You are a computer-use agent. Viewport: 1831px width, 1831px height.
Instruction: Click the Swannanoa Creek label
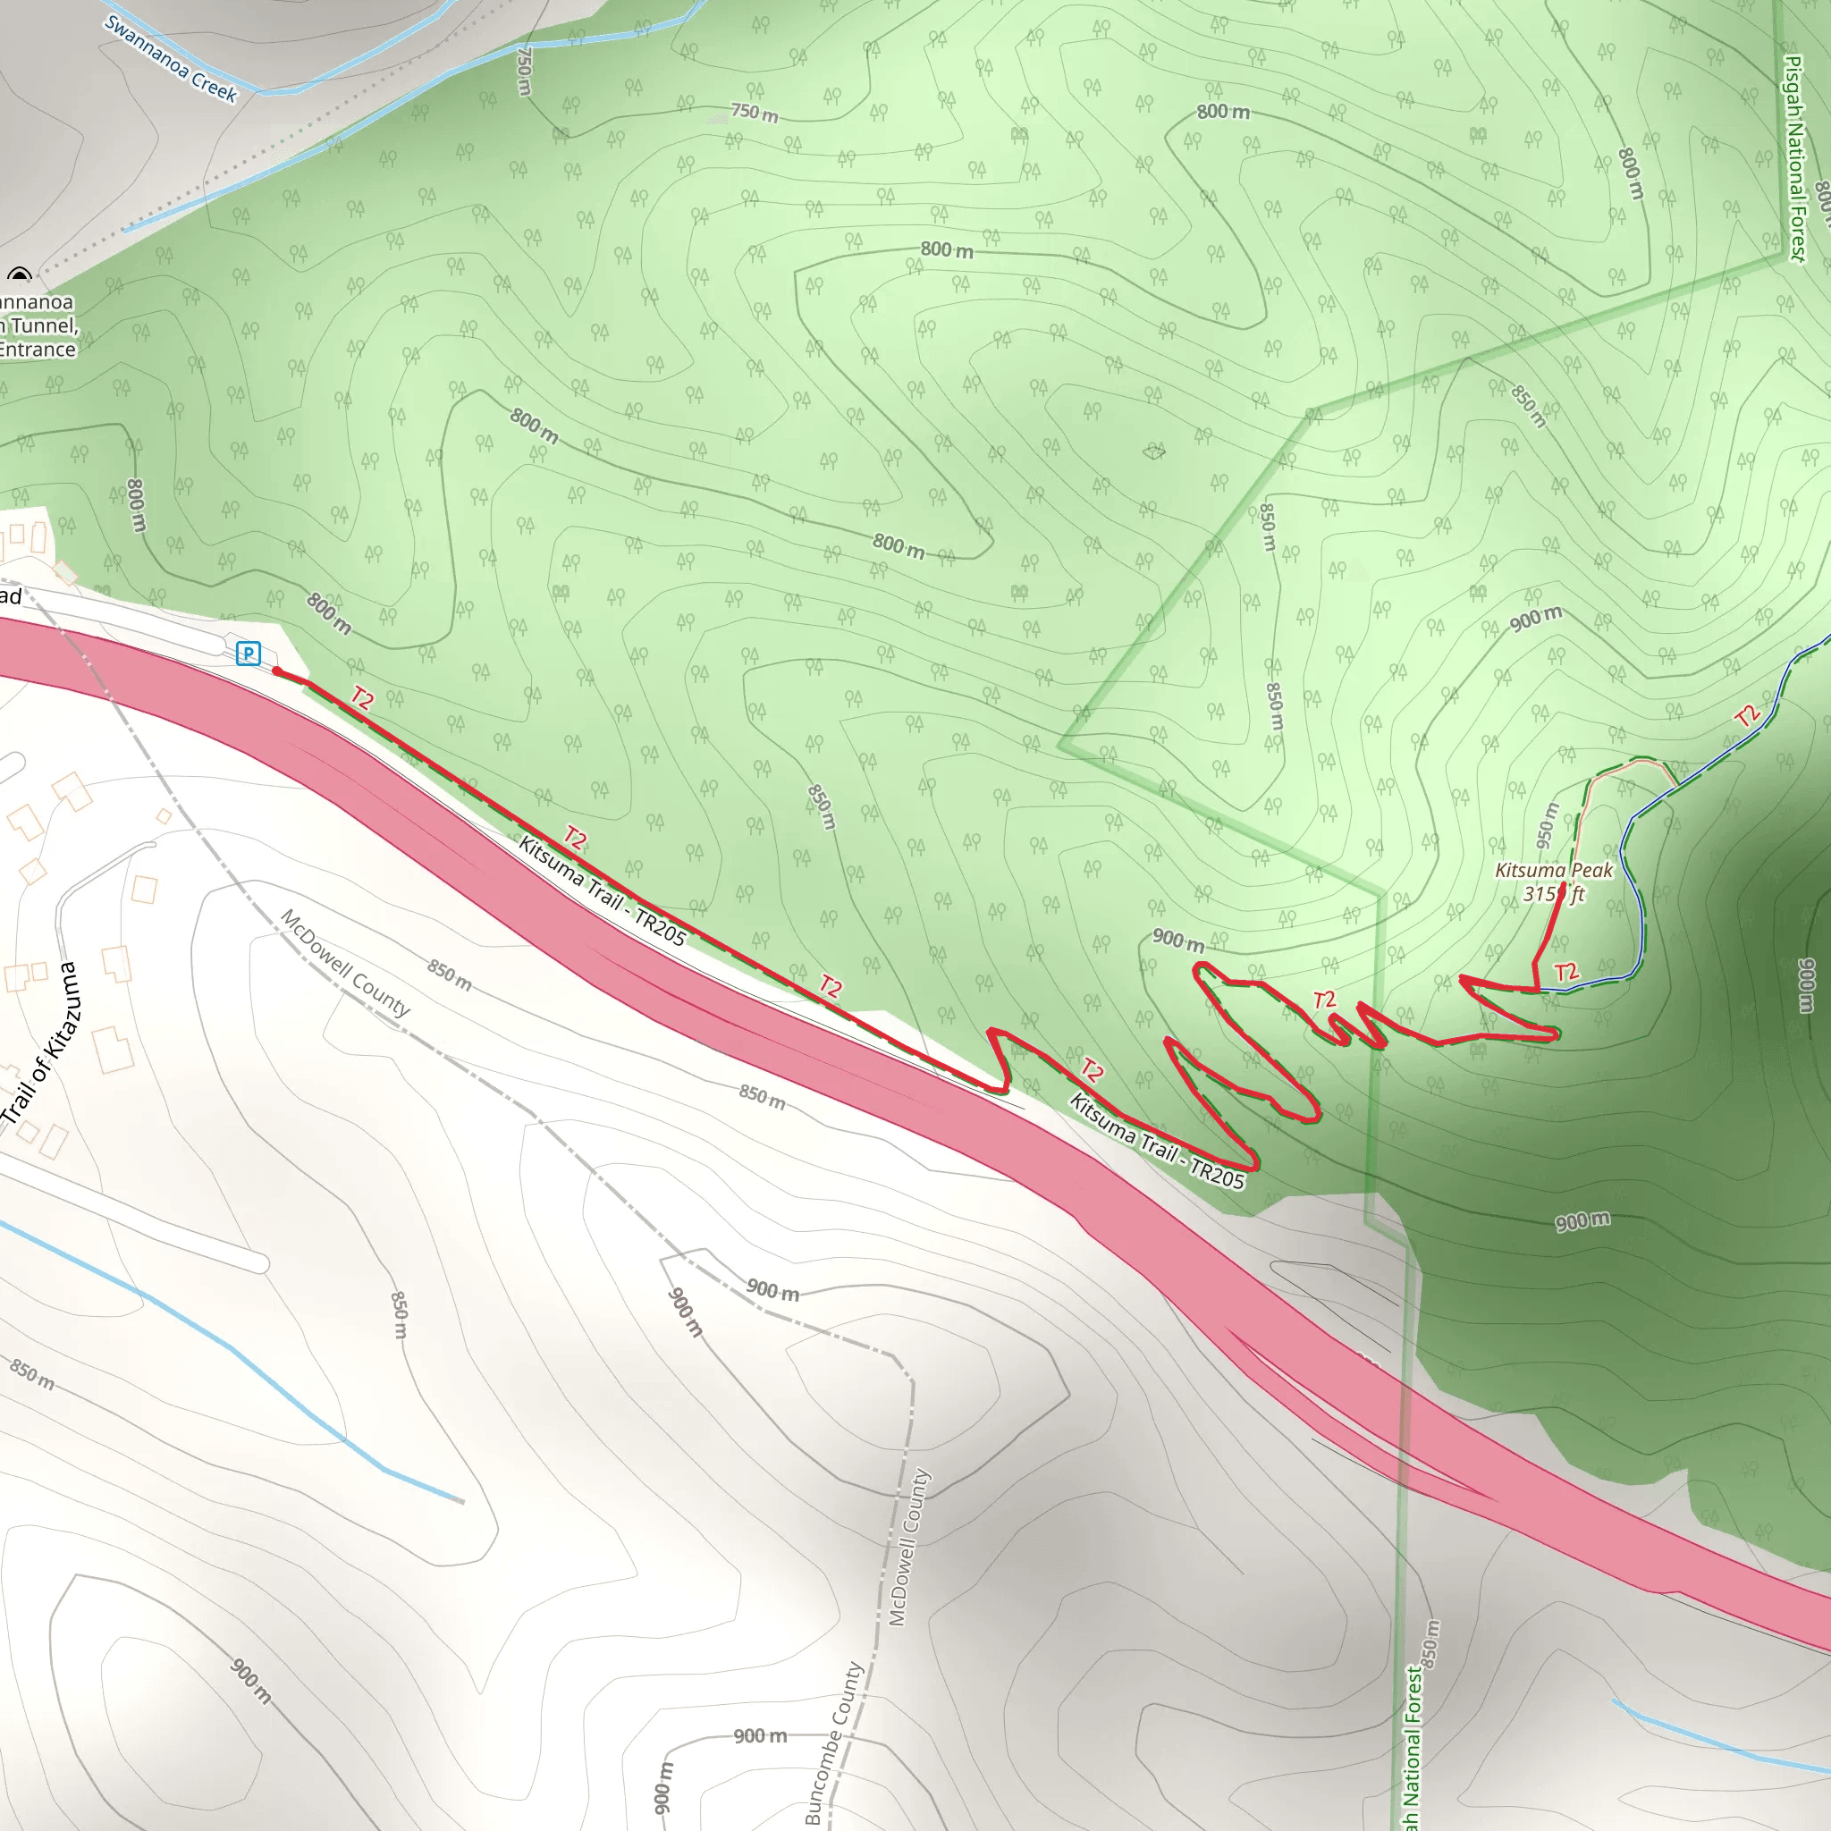[x=171, y=59]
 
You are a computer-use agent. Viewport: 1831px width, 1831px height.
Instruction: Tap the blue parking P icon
[x=249, y=653]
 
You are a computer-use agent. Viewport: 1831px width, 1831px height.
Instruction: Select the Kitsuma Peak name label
[x=1553, y=870]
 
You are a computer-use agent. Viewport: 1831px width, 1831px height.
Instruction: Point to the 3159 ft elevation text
[x=1553, y=894]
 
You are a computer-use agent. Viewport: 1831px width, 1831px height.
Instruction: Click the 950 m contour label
[x=1546, y=825]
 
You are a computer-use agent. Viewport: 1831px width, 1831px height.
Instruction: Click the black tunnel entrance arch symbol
[x=19, y=275]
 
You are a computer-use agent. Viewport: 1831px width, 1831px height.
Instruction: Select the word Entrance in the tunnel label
[x=38, y=350]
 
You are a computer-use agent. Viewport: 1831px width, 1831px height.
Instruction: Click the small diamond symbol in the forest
[x=1153, y=451]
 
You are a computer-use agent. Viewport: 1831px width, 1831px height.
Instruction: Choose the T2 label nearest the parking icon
[x=362, y=698]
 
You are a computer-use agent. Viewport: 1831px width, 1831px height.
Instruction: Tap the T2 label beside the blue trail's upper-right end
[x=1748, y=715]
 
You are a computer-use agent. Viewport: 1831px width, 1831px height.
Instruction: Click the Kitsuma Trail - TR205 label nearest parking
[x=602, y=890]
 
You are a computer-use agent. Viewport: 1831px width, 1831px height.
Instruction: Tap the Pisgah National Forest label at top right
[x=1795, y=156]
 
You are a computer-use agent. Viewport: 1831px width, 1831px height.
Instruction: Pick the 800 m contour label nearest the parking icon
[x=329, y=613]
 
